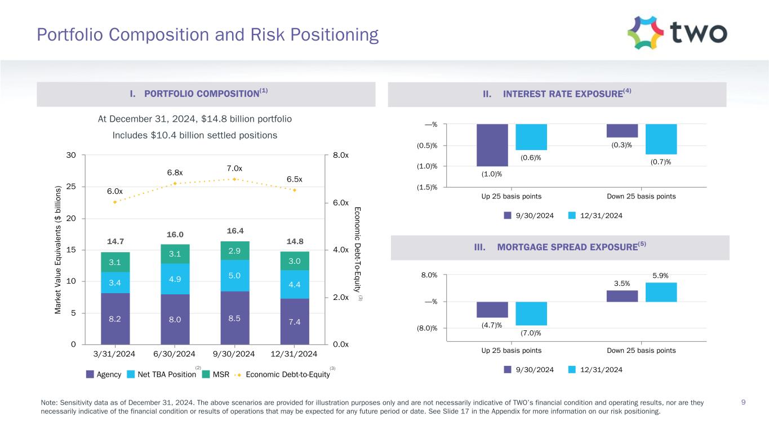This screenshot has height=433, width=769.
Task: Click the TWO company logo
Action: coord(677,33)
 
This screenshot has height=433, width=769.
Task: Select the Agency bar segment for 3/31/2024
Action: coord(115,319)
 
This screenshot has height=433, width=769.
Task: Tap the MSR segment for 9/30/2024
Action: coord(234,250)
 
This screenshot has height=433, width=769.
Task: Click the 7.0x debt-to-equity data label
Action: coord(234,168)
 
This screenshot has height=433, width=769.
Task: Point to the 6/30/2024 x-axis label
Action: coord(175,354)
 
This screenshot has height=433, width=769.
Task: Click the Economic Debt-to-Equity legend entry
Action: coord(283,374)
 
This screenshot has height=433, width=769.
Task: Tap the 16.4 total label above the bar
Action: coord(234,231)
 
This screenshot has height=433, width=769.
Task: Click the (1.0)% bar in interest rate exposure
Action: coord(492,145)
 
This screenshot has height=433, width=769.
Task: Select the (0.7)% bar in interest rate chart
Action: coord(661,139)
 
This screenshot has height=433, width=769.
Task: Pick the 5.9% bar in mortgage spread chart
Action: coord(661,292)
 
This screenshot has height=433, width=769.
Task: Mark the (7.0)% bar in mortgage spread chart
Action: coord(531,313)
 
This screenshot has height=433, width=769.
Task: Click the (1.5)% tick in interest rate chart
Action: coord(426,187)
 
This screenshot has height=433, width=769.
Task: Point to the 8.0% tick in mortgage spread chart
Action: coord(429,275)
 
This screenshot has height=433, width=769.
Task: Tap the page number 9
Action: coord(744,403)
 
